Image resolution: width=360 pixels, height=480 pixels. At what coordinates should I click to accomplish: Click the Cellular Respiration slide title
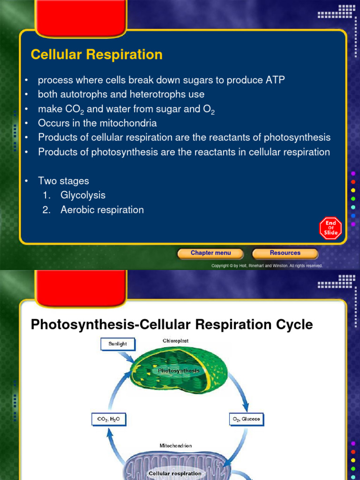coord(97,55)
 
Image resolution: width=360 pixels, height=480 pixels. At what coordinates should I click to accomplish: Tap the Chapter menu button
coord(210,253)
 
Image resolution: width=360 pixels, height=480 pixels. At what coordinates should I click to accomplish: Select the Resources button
coord(285,253)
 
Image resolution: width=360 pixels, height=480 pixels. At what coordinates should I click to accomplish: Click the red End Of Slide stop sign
coord(330,228)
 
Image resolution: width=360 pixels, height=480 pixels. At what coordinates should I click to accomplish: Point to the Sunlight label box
coord(117,344)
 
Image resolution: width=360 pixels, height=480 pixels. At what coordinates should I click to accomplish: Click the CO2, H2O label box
coord(108,419)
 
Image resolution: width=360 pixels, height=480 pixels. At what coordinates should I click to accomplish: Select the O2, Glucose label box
coord(246,419)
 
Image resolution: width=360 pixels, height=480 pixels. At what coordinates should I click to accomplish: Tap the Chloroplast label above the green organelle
coord(176,341)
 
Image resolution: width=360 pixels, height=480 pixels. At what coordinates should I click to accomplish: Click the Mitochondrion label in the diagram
coord(176,446)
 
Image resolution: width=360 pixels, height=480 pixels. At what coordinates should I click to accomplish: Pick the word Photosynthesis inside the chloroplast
coord(179,371)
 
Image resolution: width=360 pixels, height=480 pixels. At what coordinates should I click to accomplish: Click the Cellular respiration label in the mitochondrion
coord(175,473)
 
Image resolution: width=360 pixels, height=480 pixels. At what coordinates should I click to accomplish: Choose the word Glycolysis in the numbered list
coord(83,195)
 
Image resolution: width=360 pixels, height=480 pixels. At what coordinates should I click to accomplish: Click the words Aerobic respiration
coord(102,210)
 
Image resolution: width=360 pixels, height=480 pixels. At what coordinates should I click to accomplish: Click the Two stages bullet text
coord(63,181)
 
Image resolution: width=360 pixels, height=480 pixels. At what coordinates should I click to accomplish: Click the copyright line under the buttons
coord(267,266)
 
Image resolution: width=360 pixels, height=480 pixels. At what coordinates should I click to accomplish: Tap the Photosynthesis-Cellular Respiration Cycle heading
coord(172,325)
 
